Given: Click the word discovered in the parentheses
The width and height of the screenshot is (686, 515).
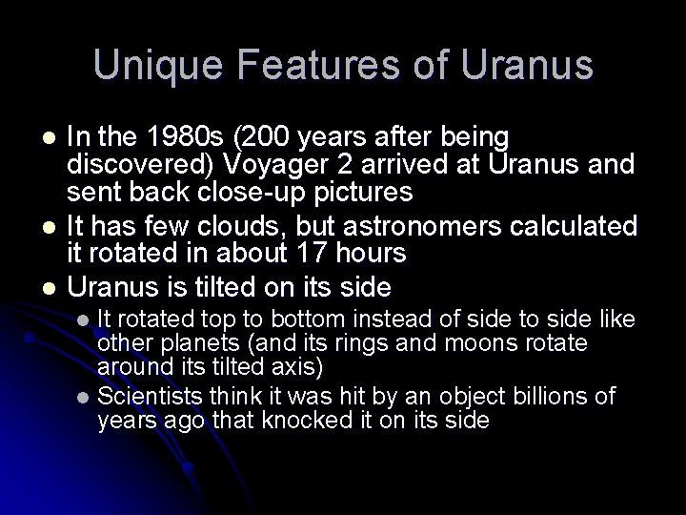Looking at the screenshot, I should click(x=139, y=164).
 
